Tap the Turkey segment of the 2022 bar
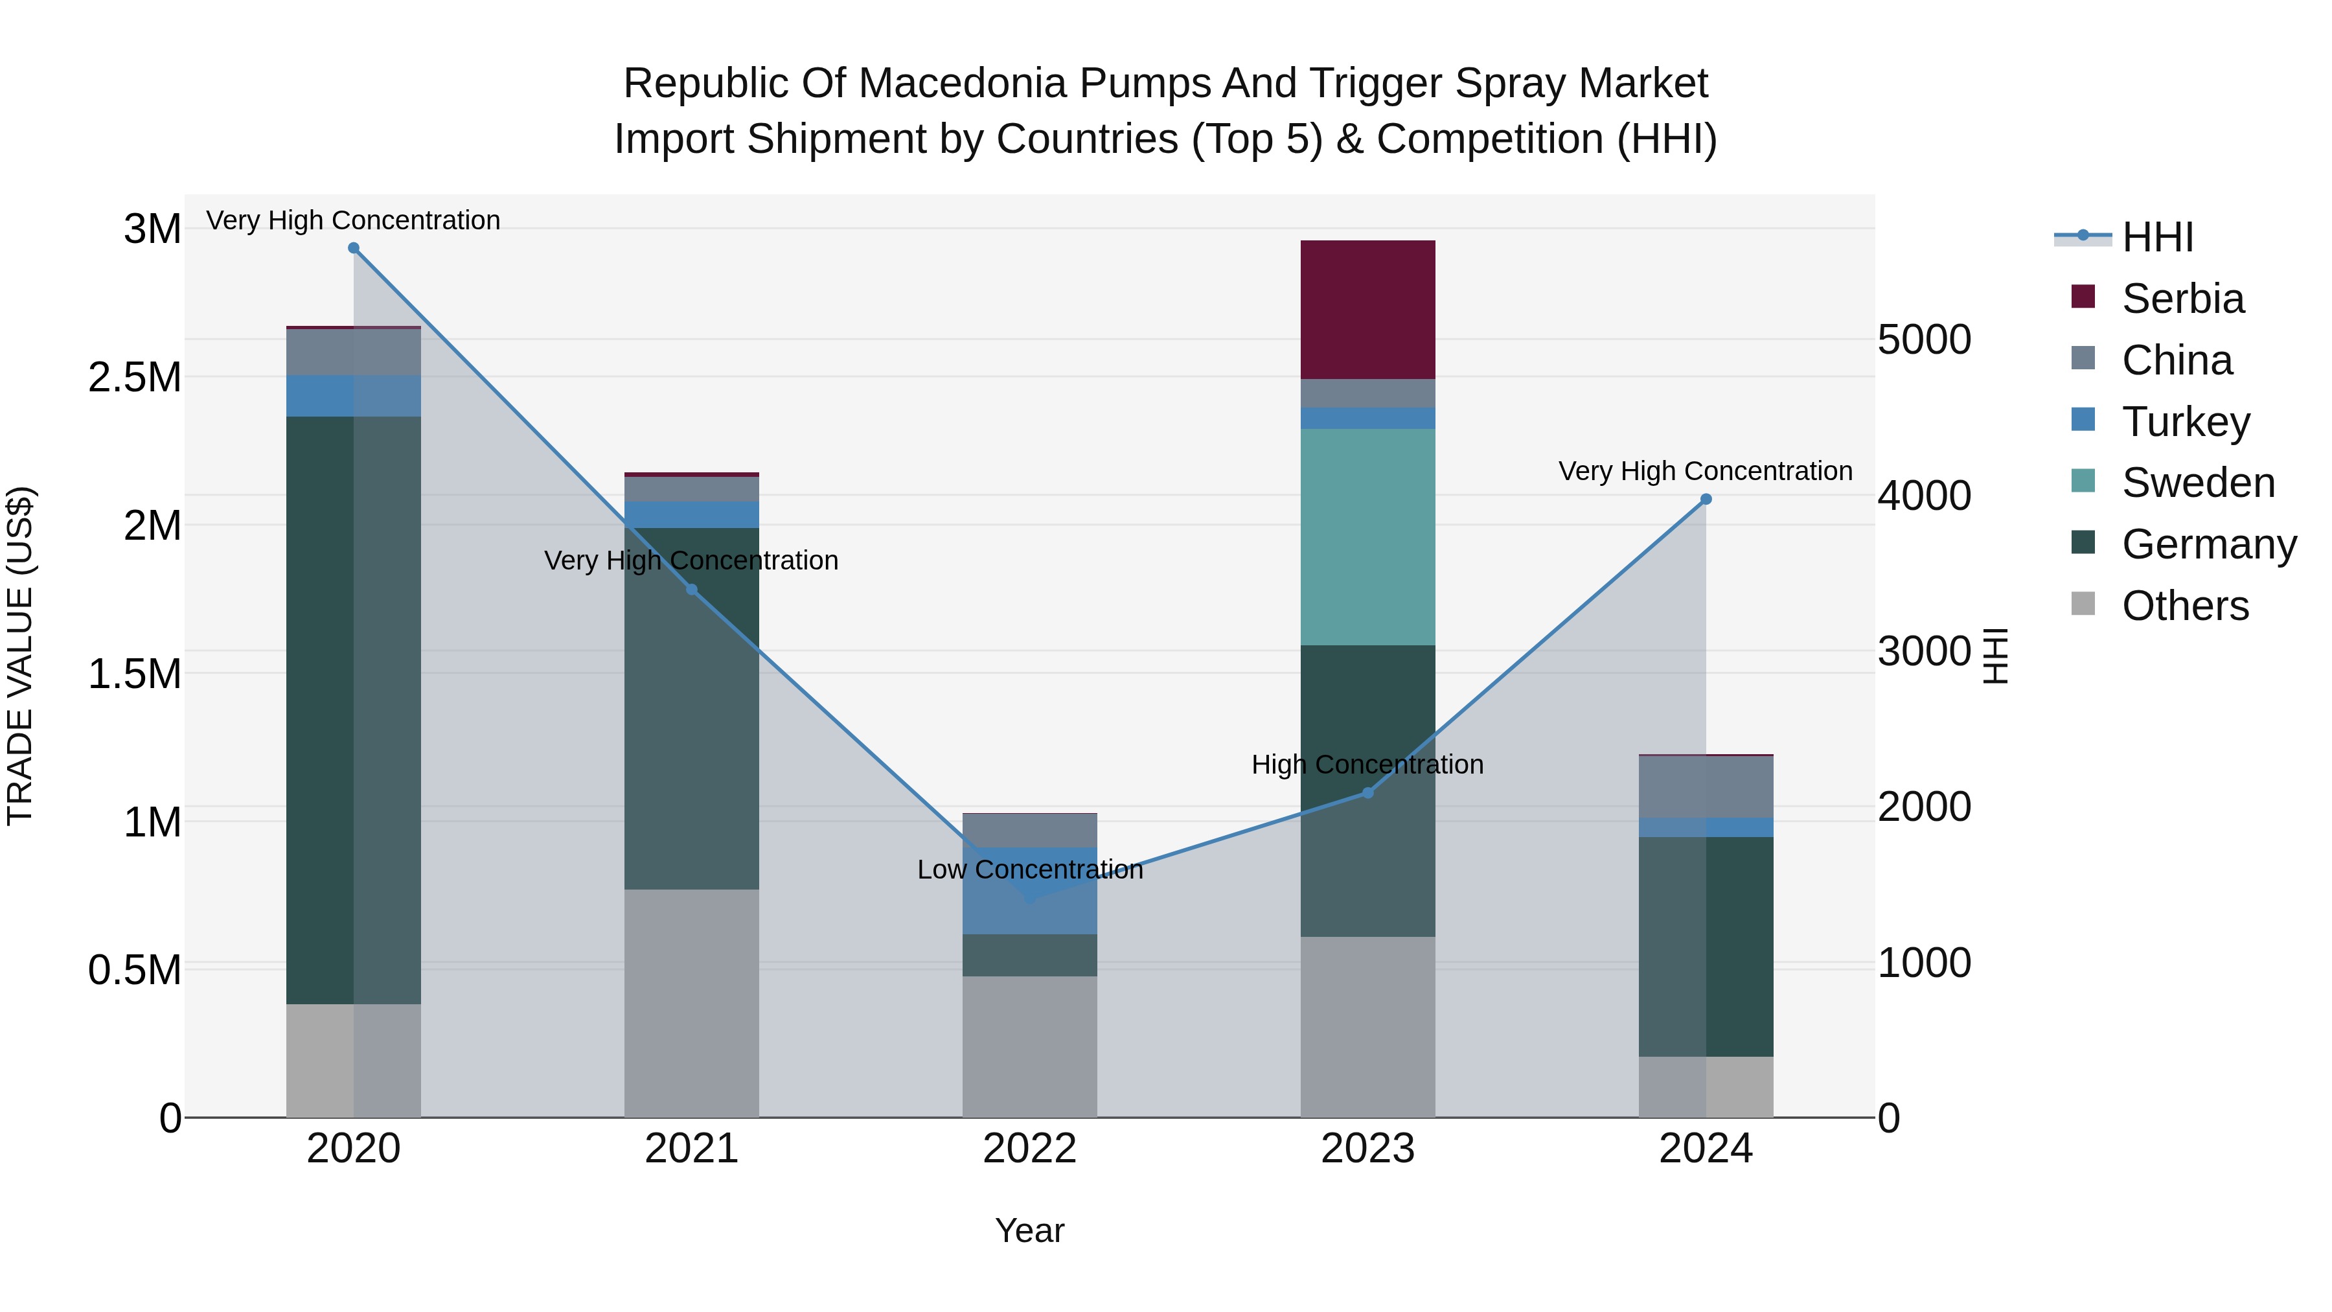pos(1029,890)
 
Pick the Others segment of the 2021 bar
pos(692,1002)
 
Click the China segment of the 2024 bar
pos(1706,786)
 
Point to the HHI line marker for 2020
pos(354,248)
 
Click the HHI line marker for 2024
pos(1706,499)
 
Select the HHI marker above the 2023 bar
pos(1368,793)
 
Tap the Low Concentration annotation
pos(1029,869)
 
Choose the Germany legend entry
pos(2209,544)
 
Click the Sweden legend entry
pos(2197,483)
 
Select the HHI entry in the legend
pos(2157,237)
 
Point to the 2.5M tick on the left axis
pos(135,376)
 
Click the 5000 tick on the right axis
pos(1924,340)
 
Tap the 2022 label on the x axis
pos(1029,1148)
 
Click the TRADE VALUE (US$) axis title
pos(20,656)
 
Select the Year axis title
pos(1029,1230)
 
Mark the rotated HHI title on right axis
pos(1995,656)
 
